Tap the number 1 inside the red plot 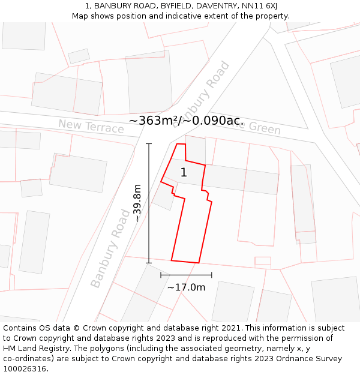(184, 173)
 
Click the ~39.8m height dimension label (137, 203)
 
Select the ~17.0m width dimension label (186, 287)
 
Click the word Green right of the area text (264, 128)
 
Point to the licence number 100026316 (25, 369)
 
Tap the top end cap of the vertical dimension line (149, 144)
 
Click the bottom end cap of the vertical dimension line (149, 262)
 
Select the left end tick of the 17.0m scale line (161, 275)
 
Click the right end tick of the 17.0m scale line (212, 275)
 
